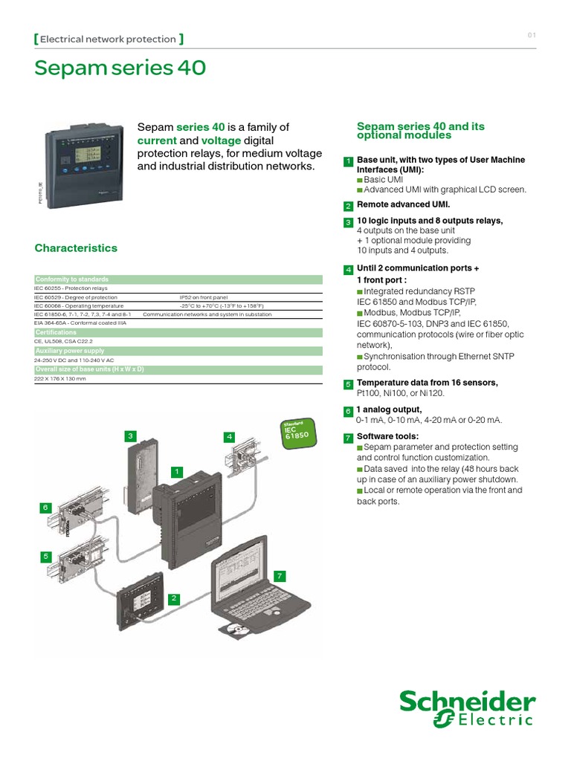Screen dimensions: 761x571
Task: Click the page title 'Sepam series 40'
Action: pos(120,68)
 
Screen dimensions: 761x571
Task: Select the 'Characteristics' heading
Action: pos(76,248)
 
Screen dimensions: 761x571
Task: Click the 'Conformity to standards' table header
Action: pos(72,279)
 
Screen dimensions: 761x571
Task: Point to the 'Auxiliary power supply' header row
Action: pos(70,350)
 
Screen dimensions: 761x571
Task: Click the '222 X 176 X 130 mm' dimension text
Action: pos(60,379)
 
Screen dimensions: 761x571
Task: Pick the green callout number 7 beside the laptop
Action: pos(280,576)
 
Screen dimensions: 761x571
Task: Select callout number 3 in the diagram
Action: pos(130,435)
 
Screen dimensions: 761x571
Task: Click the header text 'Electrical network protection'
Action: pos(108,39)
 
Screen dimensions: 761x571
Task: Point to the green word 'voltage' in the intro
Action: pos(222,140)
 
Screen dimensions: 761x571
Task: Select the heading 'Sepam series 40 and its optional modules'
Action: pos(420,131)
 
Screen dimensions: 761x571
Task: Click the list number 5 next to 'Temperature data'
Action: pos(348,384)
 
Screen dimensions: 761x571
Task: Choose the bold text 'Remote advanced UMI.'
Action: pos(404,204)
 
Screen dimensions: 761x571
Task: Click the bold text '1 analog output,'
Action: pos(389,409)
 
